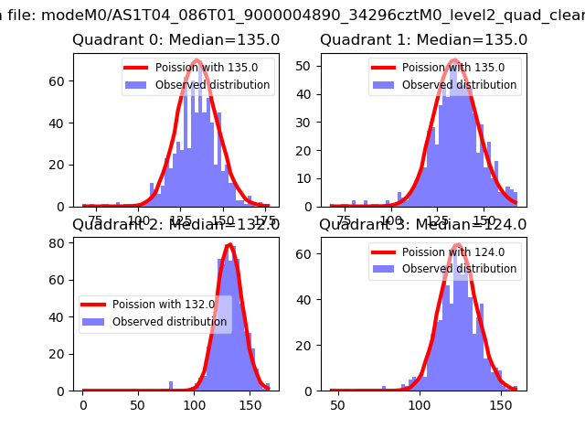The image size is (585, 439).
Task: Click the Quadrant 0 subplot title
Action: [175, 40]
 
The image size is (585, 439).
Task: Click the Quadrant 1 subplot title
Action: [423, 40]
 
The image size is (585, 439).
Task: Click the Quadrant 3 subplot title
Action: [423, 224]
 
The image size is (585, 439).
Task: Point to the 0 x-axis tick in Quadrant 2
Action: [82, 404]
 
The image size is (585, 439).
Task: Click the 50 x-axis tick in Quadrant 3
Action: [337, 404]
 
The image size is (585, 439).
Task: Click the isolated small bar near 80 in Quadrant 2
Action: [171, 386]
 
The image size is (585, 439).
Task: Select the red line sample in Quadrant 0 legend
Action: [139, 69]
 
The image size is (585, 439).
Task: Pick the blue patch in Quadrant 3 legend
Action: [384, 269]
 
